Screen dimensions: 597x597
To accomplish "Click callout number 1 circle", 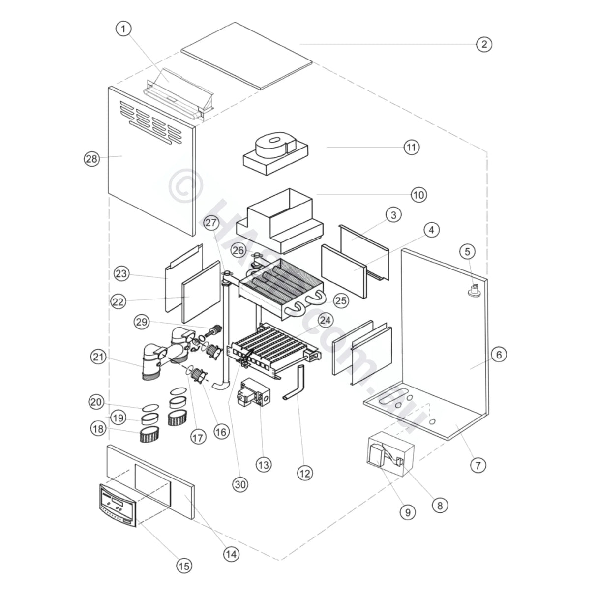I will (123, 29).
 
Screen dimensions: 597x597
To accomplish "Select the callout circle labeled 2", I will (484, 44).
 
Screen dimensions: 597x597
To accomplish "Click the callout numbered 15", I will (184, 567).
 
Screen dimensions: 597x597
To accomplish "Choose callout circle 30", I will (240, 484).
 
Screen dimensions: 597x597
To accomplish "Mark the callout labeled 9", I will (407, 512).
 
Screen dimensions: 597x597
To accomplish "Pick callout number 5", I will (467, 252).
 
